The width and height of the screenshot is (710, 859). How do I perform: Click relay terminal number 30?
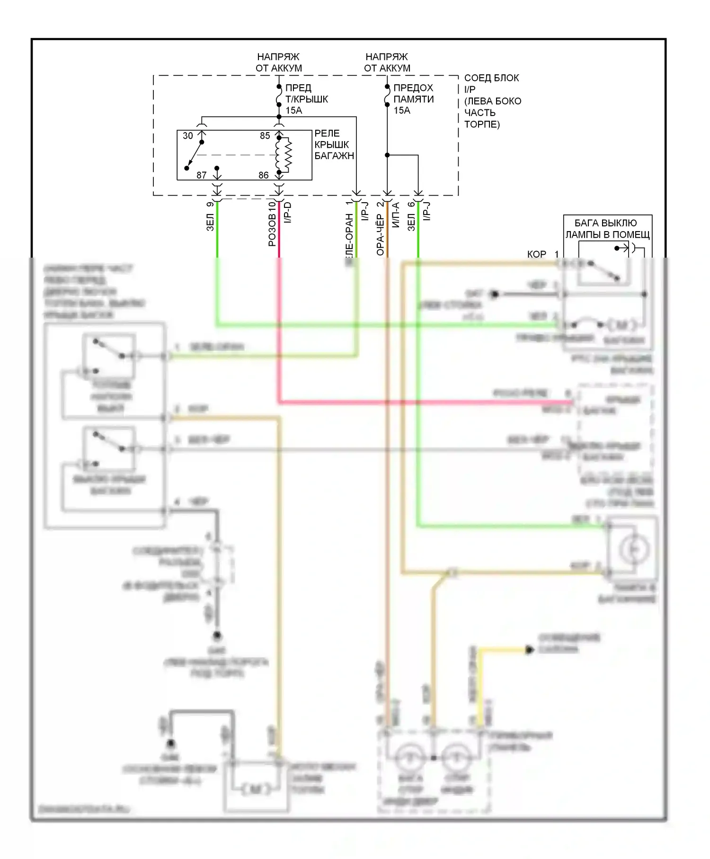[x=188, y=136]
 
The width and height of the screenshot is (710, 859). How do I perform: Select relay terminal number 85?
[x=265, y=136]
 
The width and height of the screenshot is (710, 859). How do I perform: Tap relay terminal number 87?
[x=202, y=175]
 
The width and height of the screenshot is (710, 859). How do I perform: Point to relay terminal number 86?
[x=264, y=175]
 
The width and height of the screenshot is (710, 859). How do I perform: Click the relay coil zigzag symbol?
[x=286, y=155]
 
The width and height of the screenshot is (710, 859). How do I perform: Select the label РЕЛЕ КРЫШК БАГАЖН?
[x=334, y=144]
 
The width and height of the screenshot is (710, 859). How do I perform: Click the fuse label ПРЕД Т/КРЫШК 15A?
[x=306, y=99]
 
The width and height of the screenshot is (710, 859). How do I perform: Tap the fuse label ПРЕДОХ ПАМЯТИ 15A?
[x=413, y=99]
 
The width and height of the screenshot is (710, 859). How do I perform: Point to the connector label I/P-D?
[x=287, y=212]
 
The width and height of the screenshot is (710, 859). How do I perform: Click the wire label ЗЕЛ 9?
[x=210, y=217]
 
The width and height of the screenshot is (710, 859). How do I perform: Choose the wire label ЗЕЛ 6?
[x=411, y=216]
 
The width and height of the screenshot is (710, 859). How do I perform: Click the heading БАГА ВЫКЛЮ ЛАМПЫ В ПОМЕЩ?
[x=607, y=229]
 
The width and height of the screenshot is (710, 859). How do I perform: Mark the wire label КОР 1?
[x=542, y=254]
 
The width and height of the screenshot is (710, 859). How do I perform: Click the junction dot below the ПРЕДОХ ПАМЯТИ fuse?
[x=387, y=155]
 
